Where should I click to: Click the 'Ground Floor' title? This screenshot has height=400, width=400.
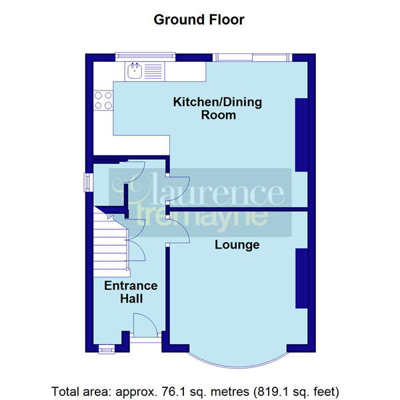(199, 19)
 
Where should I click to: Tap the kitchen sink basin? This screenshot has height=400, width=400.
(135, 71)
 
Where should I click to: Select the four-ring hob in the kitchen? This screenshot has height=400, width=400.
(103, 100)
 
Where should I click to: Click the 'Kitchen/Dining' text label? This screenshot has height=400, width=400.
(217, 103)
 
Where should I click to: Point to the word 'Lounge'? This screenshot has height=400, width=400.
(237, 245)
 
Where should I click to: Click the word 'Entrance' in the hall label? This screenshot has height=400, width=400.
(131, 286)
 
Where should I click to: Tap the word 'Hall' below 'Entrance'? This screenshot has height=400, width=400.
(131, 299)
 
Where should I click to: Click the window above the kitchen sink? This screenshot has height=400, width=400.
(145, 56)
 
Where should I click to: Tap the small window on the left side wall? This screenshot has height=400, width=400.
(87, 183)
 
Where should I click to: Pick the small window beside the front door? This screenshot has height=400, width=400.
(105, 347)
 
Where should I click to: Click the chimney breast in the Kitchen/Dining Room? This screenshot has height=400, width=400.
(301, 133)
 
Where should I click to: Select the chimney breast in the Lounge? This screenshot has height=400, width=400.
(301, 279)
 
